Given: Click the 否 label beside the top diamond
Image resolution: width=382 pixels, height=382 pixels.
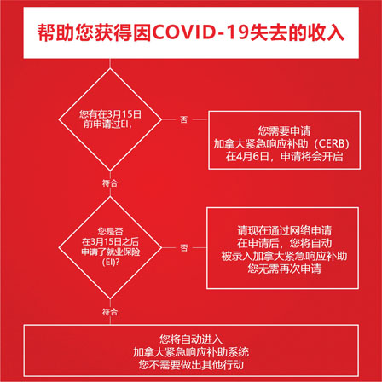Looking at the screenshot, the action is [x=184, y=119].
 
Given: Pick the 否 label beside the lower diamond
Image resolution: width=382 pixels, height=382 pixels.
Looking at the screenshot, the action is [x=184, y=248].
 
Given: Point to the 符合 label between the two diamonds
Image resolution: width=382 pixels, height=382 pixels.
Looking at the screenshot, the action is [x=110, y=183].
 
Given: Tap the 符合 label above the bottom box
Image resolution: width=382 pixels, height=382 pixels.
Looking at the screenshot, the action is [x=110, y=312].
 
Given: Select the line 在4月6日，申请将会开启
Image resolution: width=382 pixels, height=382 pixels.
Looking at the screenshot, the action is [x=284, y=157].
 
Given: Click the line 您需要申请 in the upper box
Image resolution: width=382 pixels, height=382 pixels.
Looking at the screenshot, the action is [x=284, y=131].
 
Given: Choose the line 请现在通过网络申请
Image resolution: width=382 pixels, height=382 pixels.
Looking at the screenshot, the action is [x=284, y=230].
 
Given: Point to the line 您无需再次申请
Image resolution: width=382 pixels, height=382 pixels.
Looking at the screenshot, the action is [x=284, y=269].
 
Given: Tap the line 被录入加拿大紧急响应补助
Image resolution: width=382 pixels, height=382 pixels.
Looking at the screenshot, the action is [x=284, y=256].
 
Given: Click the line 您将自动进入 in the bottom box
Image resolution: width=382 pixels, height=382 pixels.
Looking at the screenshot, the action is [x=191, y=339].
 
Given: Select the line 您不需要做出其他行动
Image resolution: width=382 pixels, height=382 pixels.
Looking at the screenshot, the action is [x=191, y=365].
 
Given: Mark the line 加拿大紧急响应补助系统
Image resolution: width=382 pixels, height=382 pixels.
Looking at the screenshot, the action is [x=191, y=352].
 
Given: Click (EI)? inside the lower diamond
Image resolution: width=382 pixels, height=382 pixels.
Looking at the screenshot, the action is [x=110, y=262].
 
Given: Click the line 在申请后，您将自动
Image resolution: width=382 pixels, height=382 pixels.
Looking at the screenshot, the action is [x=284, y=243].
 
